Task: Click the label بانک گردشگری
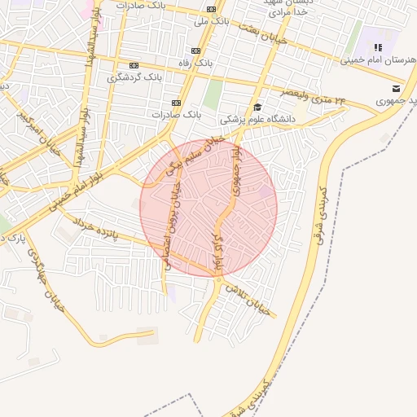click(x=134, y=78)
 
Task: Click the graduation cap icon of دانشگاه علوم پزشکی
click(x=257, y=107)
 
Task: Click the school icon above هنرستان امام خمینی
click(x=377, y=47)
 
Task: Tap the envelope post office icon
click(x=396, y=89)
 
